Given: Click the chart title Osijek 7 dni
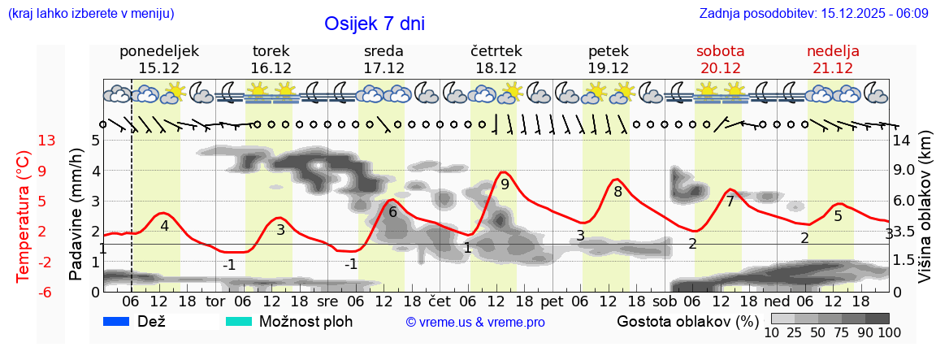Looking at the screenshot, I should (x=374, y=24).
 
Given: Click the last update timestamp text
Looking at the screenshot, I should (x=813, y=14).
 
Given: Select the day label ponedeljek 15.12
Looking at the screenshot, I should (x=158, y=59).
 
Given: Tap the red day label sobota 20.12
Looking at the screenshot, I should (x=720, y=59).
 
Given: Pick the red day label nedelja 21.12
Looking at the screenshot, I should (x=833, y=59).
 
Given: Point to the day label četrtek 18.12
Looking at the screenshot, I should (x=496, y=59).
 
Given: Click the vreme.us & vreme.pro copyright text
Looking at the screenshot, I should (x=475, y=323).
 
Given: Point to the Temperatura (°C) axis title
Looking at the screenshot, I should (x=23, y=215).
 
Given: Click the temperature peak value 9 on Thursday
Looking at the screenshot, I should (x=505, y=184).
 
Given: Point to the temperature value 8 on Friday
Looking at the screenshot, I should (x=617, y=193).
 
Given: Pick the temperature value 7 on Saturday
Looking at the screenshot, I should (x=730, y=202).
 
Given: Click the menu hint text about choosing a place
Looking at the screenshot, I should (x=90, y=14).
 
